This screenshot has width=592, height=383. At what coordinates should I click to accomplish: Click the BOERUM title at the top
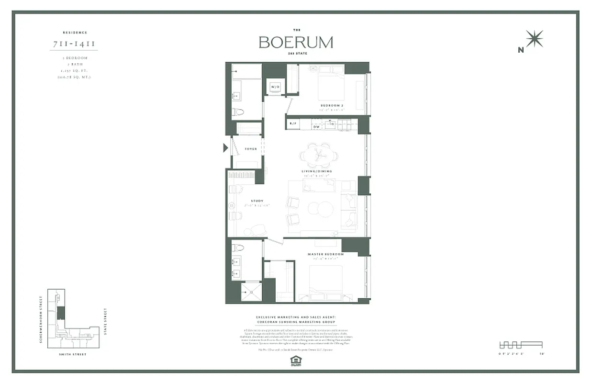point(296,42)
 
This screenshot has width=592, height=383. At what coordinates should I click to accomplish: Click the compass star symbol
point(534,39)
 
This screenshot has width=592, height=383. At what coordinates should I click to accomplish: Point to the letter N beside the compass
point(521,49)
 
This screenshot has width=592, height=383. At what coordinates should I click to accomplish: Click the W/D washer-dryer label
point(275,87)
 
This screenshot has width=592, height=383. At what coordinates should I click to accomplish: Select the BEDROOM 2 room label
point(332,105)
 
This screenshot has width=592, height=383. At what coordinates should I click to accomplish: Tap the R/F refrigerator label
point(292,126)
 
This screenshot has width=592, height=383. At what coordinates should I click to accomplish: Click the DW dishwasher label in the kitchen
point(310,127)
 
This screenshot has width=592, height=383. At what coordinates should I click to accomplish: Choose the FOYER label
point(251,149)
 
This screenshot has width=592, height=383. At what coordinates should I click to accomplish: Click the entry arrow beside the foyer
point(225,148)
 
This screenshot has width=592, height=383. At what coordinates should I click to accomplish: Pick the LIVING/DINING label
point(317,171)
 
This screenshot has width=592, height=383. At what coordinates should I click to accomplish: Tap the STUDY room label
point(257,201)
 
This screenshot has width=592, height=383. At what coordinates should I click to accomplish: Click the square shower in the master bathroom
point(251,291)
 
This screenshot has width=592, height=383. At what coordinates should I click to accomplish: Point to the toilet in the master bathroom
point(238,248)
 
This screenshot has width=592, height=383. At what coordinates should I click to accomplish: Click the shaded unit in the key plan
point(61,313)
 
